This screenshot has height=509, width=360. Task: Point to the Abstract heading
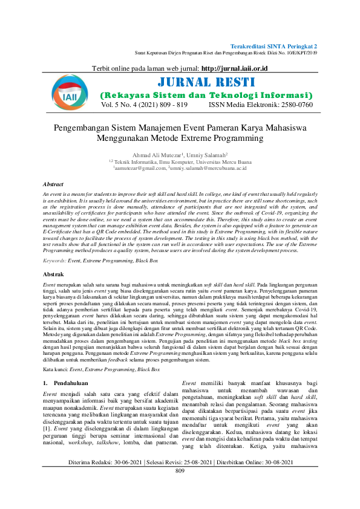pyautogui.click(x=54, y=183)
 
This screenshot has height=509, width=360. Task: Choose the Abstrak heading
pyautogui.click(x=53, y=274)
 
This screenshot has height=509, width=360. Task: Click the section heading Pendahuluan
pyautogui.click(x=70, y=366)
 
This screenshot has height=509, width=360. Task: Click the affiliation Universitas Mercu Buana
pyautogui.click(x=224, y=161)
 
